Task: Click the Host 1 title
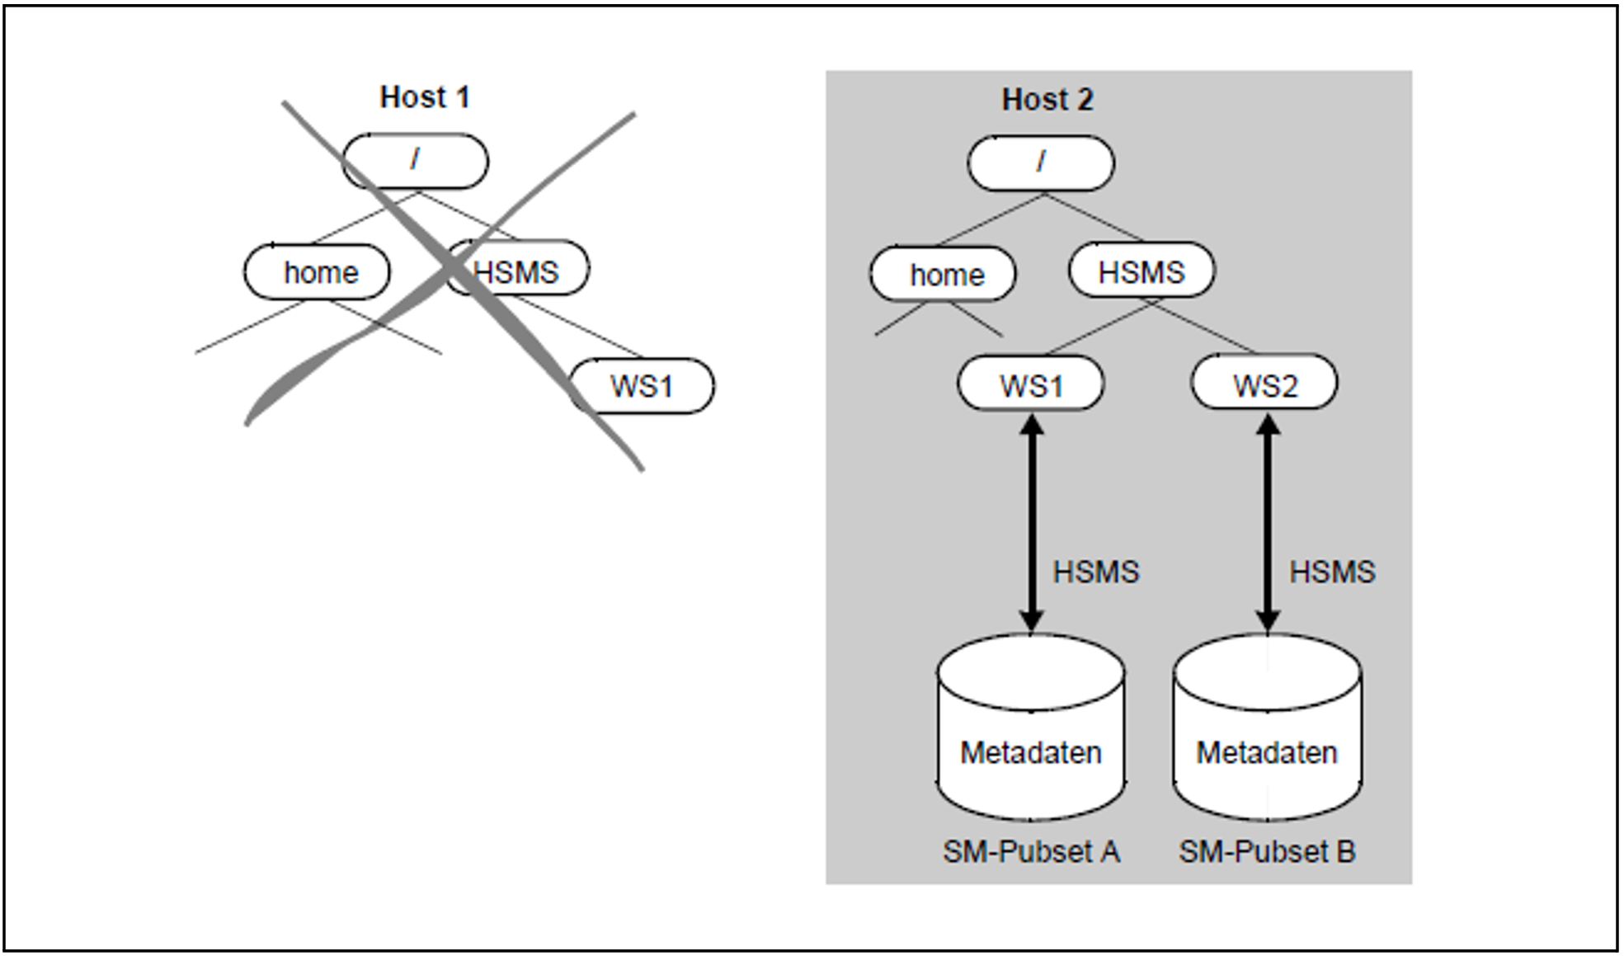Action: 425,97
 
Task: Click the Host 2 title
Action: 1047,100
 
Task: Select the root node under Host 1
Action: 415,160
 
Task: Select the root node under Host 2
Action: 1041,163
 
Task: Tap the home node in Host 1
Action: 317,271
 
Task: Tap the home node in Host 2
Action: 943,274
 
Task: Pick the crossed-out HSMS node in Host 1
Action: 517,268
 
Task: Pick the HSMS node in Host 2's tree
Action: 1142,270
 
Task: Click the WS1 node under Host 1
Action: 642,385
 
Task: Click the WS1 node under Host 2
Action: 1031,383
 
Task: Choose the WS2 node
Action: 1264,382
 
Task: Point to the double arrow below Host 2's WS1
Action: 1032,523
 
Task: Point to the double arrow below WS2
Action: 1269,523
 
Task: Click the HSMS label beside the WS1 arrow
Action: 1096,572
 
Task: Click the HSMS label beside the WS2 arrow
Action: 1333,572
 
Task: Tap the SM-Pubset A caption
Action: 1032,851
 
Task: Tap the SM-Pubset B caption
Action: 1268,851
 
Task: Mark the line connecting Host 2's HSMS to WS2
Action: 1203,327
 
